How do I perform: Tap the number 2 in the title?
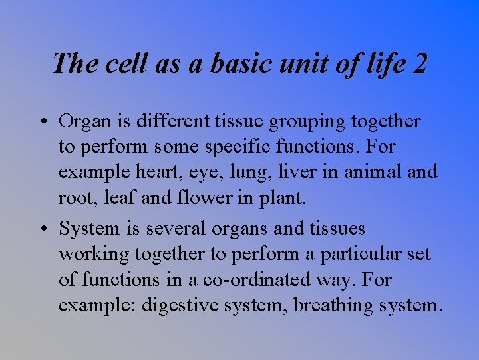[x=420, y=63]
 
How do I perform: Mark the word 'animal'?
[x=370, y=172]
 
